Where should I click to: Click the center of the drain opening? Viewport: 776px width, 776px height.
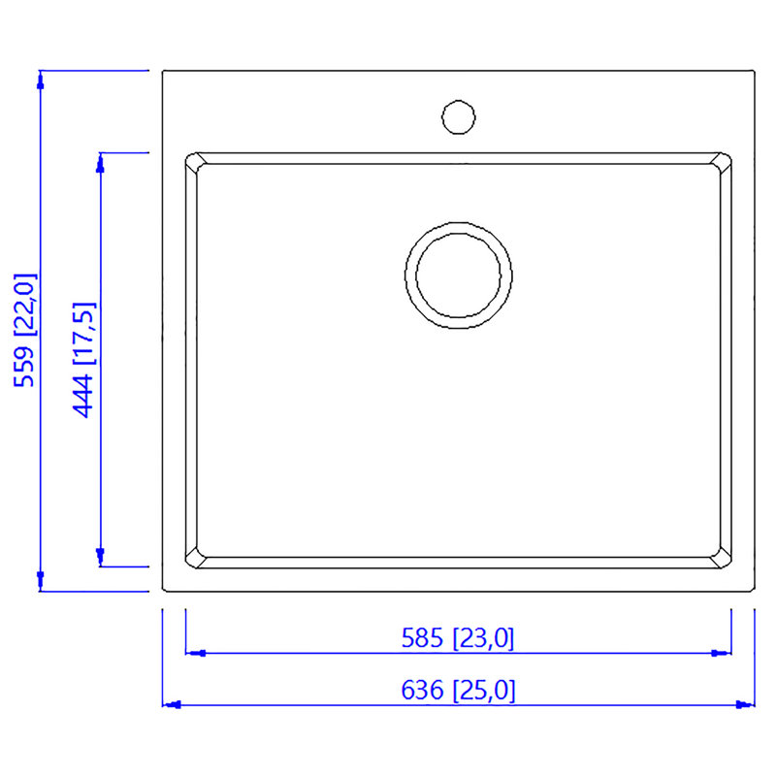coord(458,275)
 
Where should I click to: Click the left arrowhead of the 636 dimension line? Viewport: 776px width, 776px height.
coord(172,705)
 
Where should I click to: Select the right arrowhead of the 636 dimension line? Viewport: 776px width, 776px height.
coord(745,705)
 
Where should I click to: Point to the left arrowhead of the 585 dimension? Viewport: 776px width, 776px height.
coord(195,653)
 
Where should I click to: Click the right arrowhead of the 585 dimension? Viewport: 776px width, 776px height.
coord(722,653)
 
